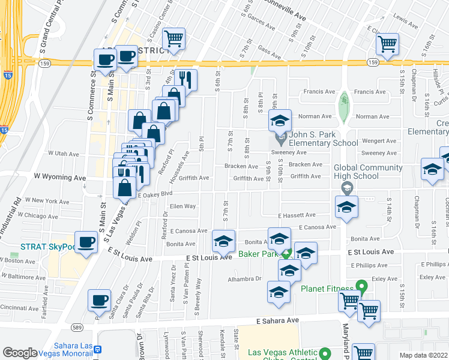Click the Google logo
(20, 353)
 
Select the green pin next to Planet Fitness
(361, 286)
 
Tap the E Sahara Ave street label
(277, 321)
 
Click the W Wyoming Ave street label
(59, 178)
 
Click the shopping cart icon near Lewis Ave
(388, 44)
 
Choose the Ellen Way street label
(182, 206)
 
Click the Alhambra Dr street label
(245, 279)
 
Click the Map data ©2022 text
(423, 355)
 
